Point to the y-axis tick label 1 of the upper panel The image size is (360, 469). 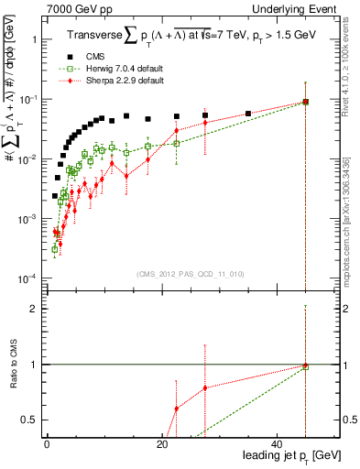point(34,40)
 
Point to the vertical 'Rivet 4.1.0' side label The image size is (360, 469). point(345,69)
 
